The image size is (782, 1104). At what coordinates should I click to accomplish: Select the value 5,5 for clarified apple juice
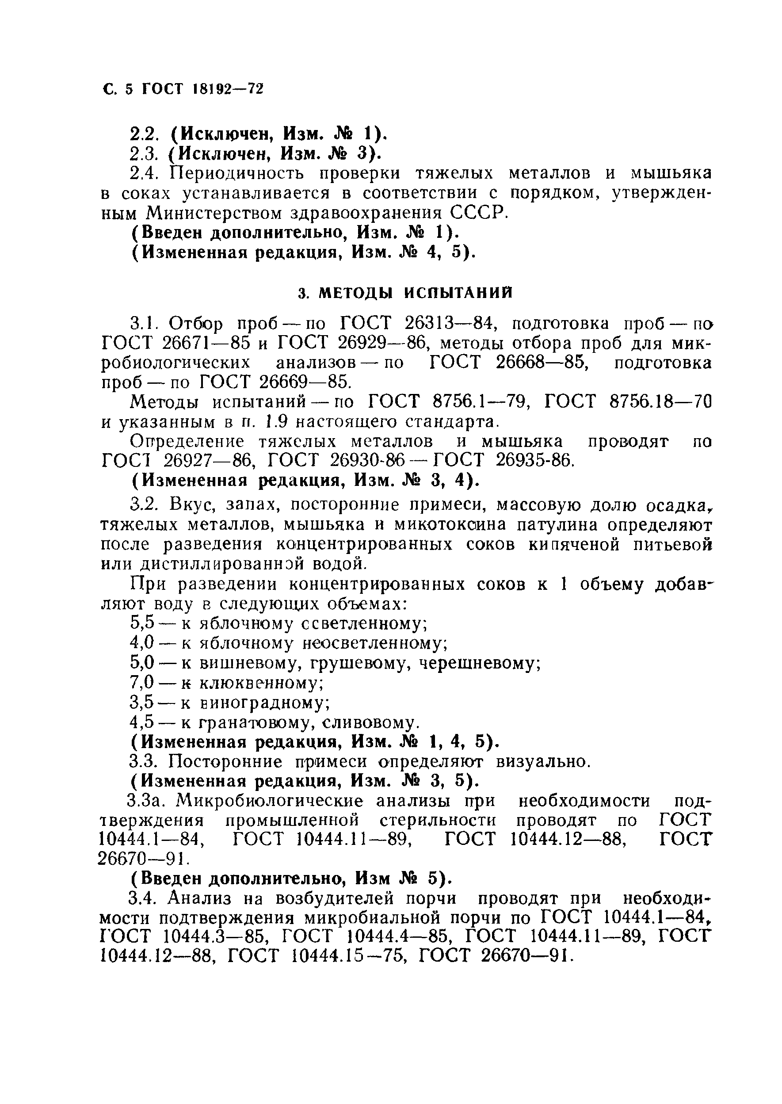(x=142, y=623)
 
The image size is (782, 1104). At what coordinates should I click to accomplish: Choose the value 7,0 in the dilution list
(x=142, y=683)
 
